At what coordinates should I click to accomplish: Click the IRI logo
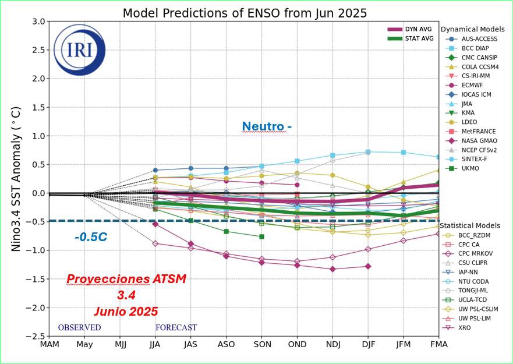pyautogui.click(x=79, y=50)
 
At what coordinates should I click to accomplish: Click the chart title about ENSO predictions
pyautogui.click(x=245, y=13)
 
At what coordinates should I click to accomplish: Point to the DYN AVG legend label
pyautogui.click(x=419, y=29)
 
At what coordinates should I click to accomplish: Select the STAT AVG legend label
pyautogui.click(x=419, y=38)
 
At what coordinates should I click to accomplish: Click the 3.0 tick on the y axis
pyautogui.click(x=38, y=22)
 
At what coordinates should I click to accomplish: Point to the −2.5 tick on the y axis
pyautogui.click(x=37, y=336)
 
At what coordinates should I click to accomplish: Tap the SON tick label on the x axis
pyautogui.click(x=261, y=344)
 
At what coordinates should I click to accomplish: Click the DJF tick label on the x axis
pyautogui.click(x=368, y=344)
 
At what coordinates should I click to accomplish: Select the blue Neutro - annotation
pyautogui.click(x=267, y=126)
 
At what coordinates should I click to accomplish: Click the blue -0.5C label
pyautogui.click(x=91, y=237)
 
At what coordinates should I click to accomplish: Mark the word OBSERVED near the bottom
pyautogui.click(x=79, y=328)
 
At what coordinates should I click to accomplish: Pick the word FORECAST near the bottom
pyautogui.click(x=176, y=328)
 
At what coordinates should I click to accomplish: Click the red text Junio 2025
pyautogui.click(x=126, y=312)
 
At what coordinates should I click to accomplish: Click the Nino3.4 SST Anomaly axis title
pyautogui.click(x=16, y=178)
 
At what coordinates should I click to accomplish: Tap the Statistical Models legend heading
pyautogui.click(x=469, y=225)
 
